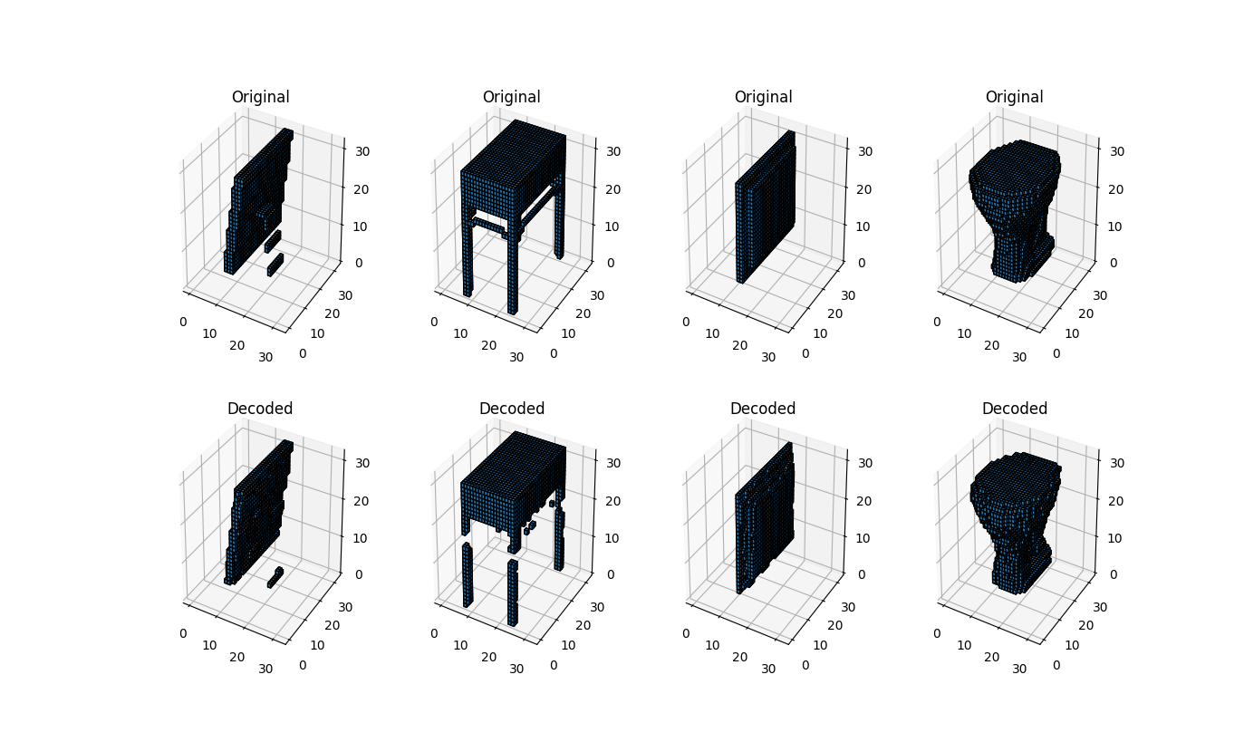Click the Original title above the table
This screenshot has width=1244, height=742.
(x=511, y=97)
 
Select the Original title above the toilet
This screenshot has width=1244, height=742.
(x=1014, y=97)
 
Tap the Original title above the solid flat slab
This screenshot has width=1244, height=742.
(x=763, y=97)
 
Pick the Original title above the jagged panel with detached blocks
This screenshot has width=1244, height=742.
(x=260, y=97)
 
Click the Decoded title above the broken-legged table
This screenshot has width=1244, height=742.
(x=512, y=409)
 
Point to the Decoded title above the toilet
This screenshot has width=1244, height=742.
(x=1014, y=409)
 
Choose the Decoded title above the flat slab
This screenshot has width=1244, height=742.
(x=763, y=409)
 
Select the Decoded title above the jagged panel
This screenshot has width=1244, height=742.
(x=260, y=409)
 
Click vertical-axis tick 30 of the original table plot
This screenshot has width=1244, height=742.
(x=613, y=151)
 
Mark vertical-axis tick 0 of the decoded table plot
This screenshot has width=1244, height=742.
(x=611, y=574)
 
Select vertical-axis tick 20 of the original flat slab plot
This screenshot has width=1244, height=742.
(x=864, y=189)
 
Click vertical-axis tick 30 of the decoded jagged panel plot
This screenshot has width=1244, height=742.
(x=362, y=463)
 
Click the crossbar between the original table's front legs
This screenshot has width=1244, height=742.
(x=488, y=225)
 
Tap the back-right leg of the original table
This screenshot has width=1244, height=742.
(x=559, y=222)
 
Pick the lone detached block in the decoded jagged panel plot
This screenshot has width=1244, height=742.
(x=275, y=578)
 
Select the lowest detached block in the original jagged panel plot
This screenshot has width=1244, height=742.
(x=275, y=265)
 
